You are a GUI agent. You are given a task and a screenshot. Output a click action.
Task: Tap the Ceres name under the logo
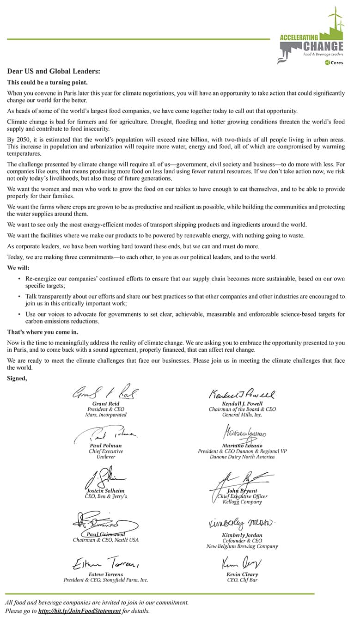click(336, 63)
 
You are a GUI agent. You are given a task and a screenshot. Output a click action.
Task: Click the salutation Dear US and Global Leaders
click(54, 72)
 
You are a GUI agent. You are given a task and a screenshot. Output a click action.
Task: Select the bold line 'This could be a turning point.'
click(47, 82)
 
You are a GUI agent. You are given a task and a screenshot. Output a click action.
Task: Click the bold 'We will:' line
click(18, 268)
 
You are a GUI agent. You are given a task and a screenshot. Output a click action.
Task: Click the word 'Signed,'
click(17, 379)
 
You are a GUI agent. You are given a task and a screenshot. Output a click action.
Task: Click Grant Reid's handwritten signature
click(106, 393)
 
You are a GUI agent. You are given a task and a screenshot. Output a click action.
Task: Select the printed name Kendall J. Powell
click(242, 403)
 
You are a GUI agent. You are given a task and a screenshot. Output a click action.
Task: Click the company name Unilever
click(106, 457)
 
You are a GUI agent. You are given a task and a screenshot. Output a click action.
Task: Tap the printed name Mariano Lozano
click(242, 446)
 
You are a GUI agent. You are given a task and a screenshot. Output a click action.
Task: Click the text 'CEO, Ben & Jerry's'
click(106, 496)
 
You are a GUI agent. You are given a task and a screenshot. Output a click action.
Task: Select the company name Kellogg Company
click(242, 502)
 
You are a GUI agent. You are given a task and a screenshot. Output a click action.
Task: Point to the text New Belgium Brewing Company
click(242, 546)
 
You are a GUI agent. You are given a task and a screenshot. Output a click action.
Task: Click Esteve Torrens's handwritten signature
click(106, 563)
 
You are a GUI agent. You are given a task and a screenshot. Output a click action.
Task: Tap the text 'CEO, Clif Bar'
click(242, 580)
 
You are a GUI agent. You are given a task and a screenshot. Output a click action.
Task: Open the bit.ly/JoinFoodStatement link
click(79, 611)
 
